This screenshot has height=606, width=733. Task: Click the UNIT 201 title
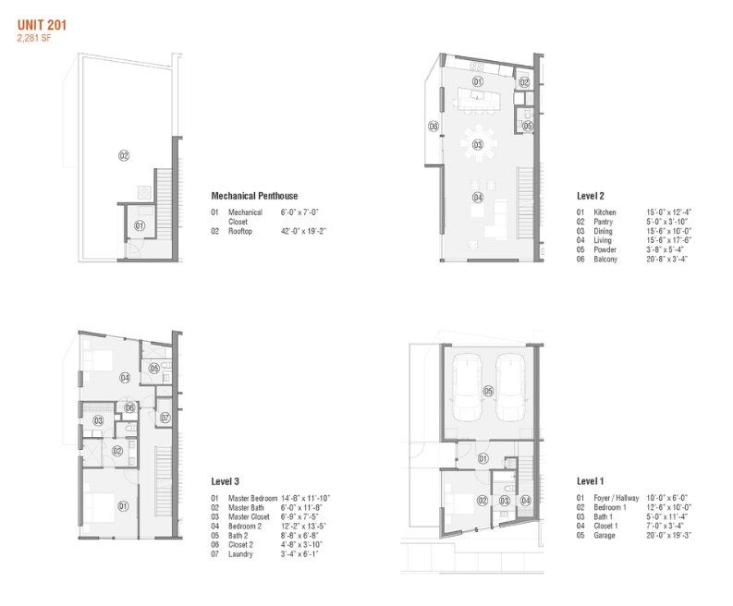[41, 26]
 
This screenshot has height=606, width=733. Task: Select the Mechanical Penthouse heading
[254, 196]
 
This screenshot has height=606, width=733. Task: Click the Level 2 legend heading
[590, 196]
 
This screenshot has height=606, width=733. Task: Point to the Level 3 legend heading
[227, 482]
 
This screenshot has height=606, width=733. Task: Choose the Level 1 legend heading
[590, 482]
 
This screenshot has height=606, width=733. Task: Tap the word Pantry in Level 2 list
[605, 222]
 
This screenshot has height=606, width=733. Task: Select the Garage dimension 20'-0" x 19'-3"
[669, 535]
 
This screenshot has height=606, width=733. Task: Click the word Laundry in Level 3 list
[243, 555]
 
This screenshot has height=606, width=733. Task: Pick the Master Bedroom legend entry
[250, 499]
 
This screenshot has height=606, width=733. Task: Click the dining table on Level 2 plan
[478, 145]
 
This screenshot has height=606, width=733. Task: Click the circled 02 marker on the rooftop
[123, 156]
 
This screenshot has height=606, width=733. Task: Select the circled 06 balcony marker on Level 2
[433, 126]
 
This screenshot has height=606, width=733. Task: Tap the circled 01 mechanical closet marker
[140, 224]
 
